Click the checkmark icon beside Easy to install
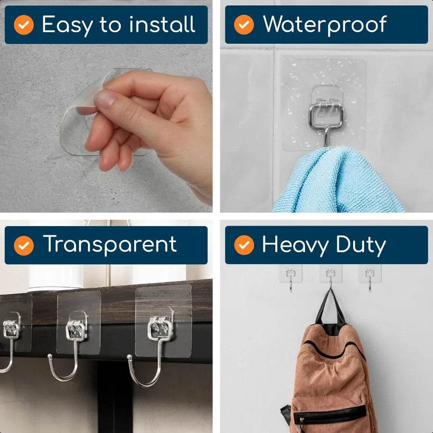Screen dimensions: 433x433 [24, 25]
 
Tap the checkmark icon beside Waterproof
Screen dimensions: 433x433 [244, 25]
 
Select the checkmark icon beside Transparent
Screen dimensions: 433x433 [24, 246]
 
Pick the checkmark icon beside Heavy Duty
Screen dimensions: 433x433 [244, 246]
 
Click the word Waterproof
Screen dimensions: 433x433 [325, 25]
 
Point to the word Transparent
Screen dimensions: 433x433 [110, 245]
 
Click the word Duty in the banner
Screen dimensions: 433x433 [361, 245]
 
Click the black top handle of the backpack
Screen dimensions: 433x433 [330, 308]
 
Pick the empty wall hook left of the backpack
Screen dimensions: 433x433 [291, 278]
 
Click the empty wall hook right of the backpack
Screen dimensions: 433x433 [369, 278]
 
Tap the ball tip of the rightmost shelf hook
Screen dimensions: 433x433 [129, 357]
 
